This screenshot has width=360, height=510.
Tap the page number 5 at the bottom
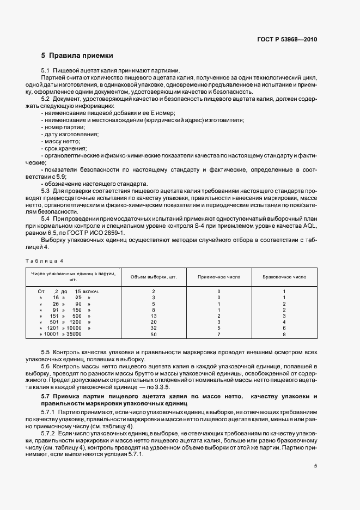pos(315,466)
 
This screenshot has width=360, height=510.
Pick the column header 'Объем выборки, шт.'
pos(154,277)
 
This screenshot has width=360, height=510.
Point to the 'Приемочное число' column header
pos(218,277)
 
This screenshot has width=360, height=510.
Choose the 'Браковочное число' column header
pos(284,277)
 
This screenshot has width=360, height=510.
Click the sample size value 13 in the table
pos(154,316)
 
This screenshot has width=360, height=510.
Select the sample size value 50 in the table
pos(154,335)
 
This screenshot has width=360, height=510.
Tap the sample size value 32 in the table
pos(154,329)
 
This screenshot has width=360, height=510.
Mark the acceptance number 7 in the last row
pos(218,335)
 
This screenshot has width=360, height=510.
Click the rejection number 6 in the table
pos(284,329)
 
